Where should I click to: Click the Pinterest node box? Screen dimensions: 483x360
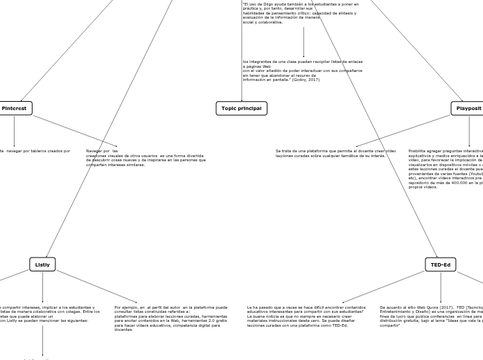click(15, 108)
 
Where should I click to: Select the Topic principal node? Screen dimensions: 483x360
click(241, 108)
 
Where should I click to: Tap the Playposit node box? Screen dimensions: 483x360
click(468, 108)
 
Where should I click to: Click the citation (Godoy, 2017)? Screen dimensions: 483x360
click(306, 80)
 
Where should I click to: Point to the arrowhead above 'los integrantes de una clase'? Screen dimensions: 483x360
click(304, 56)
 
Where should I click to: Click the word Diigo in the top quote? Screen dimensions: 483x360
click(264, 3)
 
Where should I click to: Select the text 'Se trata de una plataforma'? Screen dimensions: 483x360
click(299, 151)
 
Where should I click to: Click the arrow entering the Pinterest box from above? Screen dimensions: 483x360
click(21, 99)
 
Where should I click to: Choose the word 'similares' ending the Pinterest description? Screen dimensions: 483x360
click(135, 165)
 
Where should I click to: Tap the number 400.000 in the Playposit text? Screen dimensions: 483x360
click(456, 183)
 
